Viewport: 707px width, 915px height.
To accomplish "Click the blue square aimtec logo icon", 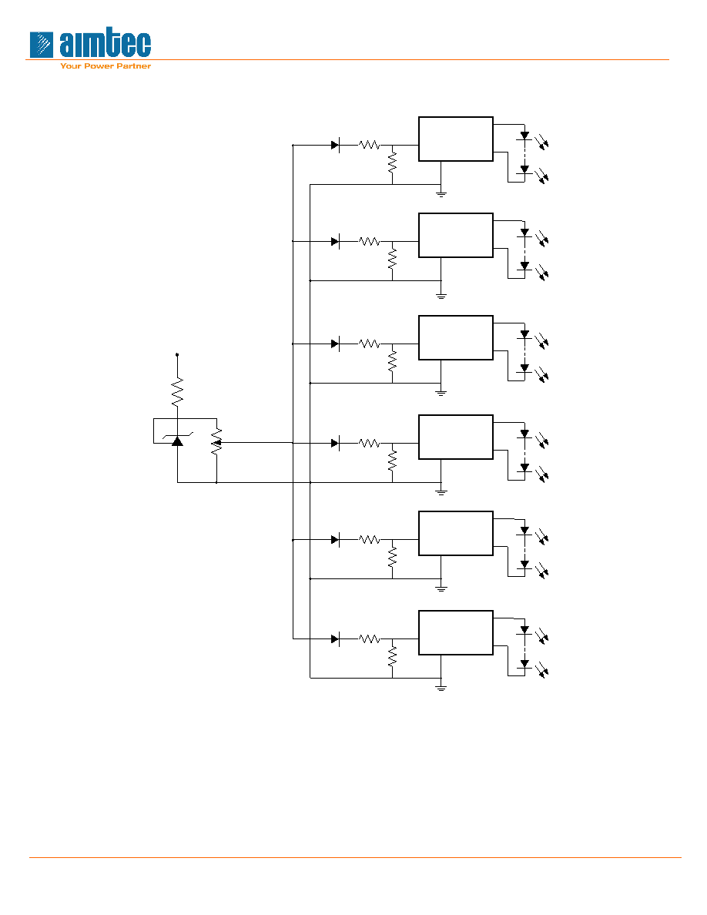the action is [x=42, y=45].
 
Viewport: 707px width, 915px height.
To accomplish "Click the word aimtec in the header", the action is [x=106, y=44].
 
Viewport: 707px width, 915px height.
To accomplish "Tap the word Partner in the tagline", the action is [x=133, y=66].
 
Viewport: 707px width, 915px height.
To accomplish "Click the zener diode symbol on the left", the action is [x=177, y=440].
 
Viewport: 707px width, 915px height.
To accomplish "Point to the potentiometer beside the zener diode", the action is [x=216, y=442].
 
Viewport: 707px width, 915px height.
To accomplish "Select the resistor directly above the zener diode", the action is [x=177, y=392].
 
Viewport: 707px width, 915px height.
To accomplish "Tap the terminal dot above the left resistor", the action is [x=177, y=354].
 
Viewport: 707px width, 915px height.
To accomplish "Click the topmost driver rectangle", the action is [x=456, y=139].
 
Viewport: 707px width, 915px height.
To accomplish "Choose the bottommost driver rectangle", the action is [x=456, y=632].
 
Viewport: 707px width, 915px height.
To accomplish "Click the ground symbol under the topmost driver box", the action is [x=441, y=193].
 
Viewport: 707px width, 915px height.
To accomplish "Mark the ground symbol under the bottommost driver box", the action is [x=441, y=687].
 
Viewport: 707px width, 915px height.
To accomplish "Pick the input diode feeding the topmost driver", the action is [x=336, y=145].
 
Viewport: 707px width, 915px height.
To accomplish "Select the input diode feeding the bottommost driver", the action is [x=336, y=639].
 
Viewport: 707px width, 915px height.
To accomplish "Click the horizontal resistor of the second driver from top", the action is [x=369, y=241].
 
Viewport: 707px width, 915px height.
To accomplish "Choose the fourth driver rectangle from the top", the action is [x=456, y=437].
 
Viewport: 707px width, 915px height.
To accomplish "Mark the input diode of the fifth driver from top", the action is [x=336, y=540].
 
